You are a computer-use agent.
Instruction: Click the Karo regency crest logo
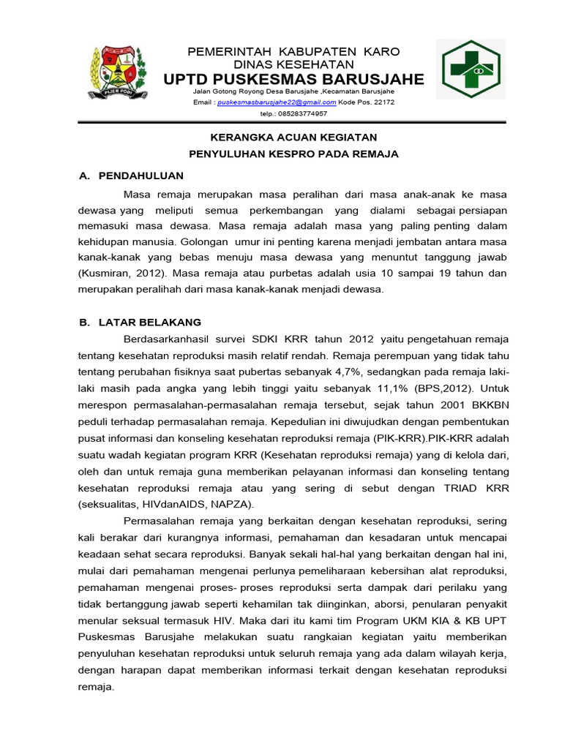tap(117, 74)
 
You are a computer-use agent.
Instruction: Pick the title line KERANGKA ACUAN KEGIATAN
tap(293, 137)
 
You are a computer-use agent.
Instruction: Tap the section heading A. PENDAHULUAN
tap(131, 176)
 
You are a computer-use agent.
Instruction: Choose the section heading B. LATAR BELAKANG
tap(140, 322)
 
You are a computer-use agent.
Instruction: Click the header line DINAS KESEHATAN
tap(293, 64)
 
